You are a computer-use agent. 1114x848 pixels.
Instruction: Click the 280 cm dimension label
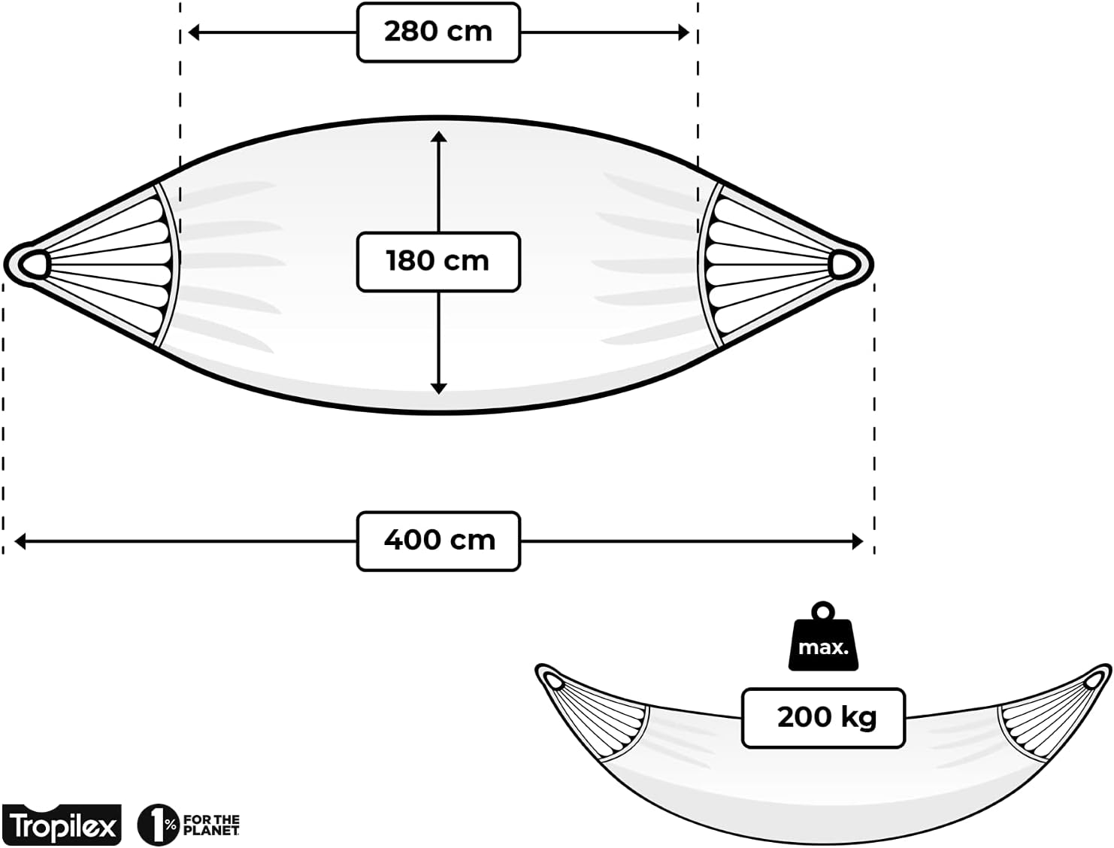pyautogui.click(x=438, y=32)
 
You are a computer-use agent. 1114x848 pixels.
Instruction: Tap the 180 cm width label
pyautogui.click(x=438, y=262)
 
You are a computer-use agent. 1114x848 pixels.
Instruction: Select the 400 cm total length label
pyautogui.click(x=438, y=541)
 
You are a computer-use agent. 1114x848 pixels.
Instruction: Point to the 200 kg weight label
pyautogui.click(x=823, y=718)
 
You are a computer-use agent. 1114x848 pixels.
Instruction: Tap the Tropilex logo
pyautogui.click(x=62, y=825)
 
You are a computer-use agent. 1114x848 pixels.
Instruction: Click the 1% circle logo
pyautogui.click(x=158, y=825)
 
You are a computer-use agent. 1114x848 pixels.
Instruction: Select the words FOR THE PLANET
pyautogui.click(x=211, y=825)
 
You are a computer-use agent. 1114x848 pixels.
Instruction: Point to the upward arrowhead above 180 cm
pyautogui.click(x=438, y=137)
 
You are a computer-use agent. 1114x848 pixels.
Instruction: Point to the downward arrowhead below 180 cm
pyautogui.click(x=438, y=389)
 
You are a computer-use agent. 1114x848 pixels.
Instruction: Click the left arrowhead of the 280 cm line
pyautogui.click(x=194, y=33)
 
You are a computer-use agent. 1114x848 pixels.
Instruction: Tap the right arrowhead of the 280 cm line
pyautogui.click(x=683, y=33)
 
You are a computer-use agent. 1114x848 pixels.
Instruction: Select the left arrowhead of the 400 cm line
pyautogui.click(x=20, y=541)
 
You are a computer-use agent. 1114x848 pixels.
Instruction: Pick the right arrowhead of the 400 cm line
pyautogui.click(x=857, y=541)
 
